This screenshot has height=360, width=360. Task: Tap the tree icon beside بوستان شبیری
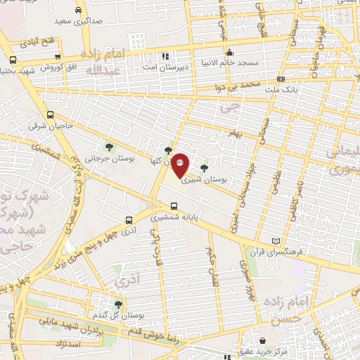204,167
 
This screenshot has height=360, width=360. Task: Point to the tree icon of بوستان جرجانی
110,146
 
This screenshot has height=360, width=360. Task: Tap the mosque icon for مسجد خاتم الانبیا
229,52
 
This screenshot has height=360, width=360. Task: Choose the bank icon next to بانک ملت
281,79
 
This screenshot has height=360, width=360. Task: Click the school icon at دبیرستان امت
166,56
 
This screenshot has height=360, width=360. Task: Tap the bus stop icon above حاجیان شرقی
49,115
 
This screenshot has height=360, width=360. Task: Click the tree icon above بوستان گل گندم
117,304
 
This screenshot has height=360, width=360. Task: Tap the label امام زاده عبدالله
99,64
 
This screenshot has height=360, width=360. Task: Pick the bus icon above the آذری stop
127,219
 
